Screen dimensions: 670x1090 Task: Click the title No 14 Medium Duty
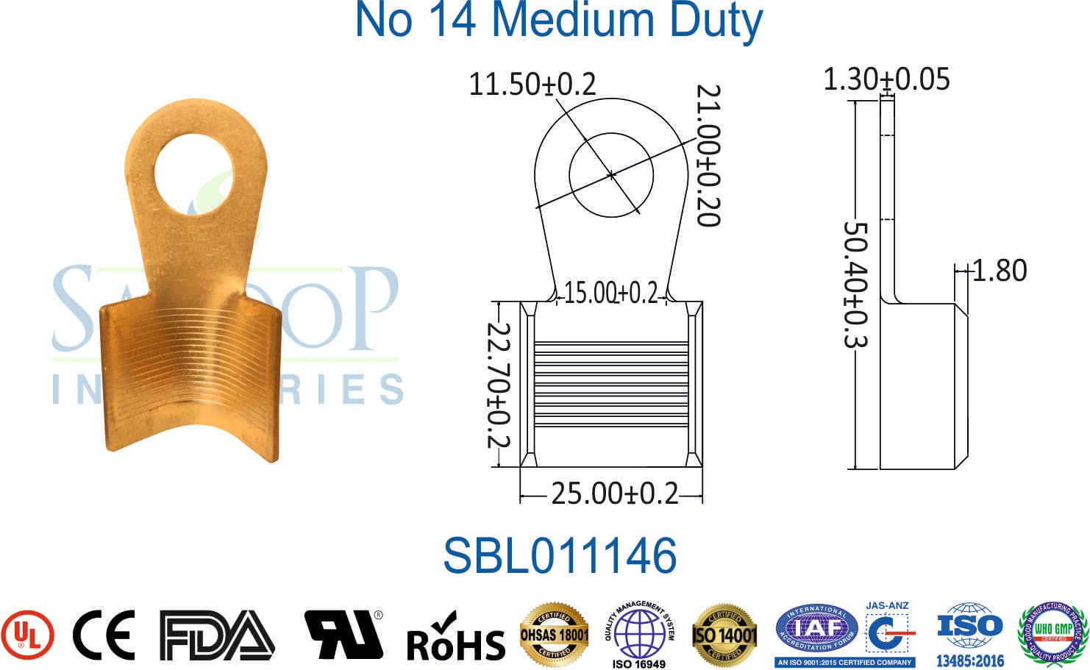pyautogui.click(x=558, y=21)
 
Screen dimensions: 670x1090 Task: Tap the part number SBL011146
pyautogui.click(x=559, y=555)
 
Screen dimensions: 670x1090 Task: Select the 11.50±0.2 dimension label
pyautogui.click(x=532, y=84)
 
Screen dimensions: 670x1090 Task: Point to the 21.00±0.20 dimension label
pyautogui.click(x=708, y=155)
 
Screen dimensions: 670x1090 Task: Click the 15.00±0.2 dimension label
pyautogui.click(x=610, y=293)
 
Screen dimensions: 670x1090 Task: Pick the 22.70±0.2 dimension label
pyautogui.click(x=499, y=385)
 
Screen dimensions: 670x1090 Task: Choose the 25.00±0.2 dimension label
pyautogui.click(x=615, y=493)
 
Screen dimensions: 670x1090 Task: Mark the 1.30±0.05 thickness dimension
pyautogui.click(x=886, y=79)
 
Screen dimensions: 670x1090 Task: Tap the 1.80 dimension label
pyautogui.click(x=1000, y=271)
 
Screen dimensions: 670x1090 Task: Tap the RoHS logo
pyautogui.click(x=455, y=638)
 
